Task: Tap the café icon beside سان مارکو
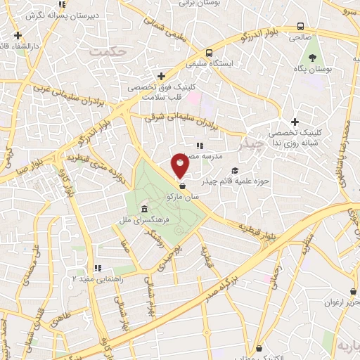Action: coord(184,186)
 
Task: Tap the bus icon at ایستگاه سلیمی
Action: coord(209,53)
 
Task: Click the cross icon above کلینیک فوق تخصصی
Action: coord(161,76)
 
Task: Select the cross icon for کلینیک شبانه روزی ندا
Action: coord(294,122)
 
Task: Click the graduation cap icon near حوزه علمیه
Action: coord(236,170)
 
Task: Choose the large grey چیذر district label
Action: coord(250,145)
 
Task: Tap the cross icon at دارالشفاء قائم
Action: coord(17,35)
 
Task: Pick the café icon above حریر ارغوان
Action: coord(352,292)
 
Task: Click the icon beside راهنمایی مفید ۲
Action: coord(98,268)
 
